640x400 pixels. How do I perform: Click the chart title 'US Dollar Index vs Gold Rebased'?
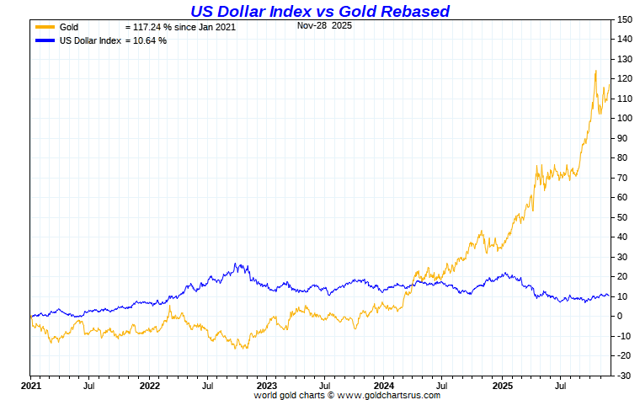319,11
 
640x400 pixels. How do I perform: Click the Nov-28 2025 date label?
325,26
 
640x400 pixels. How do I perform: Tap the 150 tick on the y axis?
624,19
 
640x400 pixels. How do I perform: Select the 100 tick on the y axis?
624,118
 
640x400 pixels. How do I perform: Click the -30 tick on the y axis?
623,375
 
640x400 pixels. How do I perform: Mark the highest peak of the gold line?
595,71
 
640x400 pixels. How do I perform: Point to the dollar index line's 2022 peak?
238,264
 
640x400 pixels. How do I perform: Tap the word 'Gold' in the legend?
69,28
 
